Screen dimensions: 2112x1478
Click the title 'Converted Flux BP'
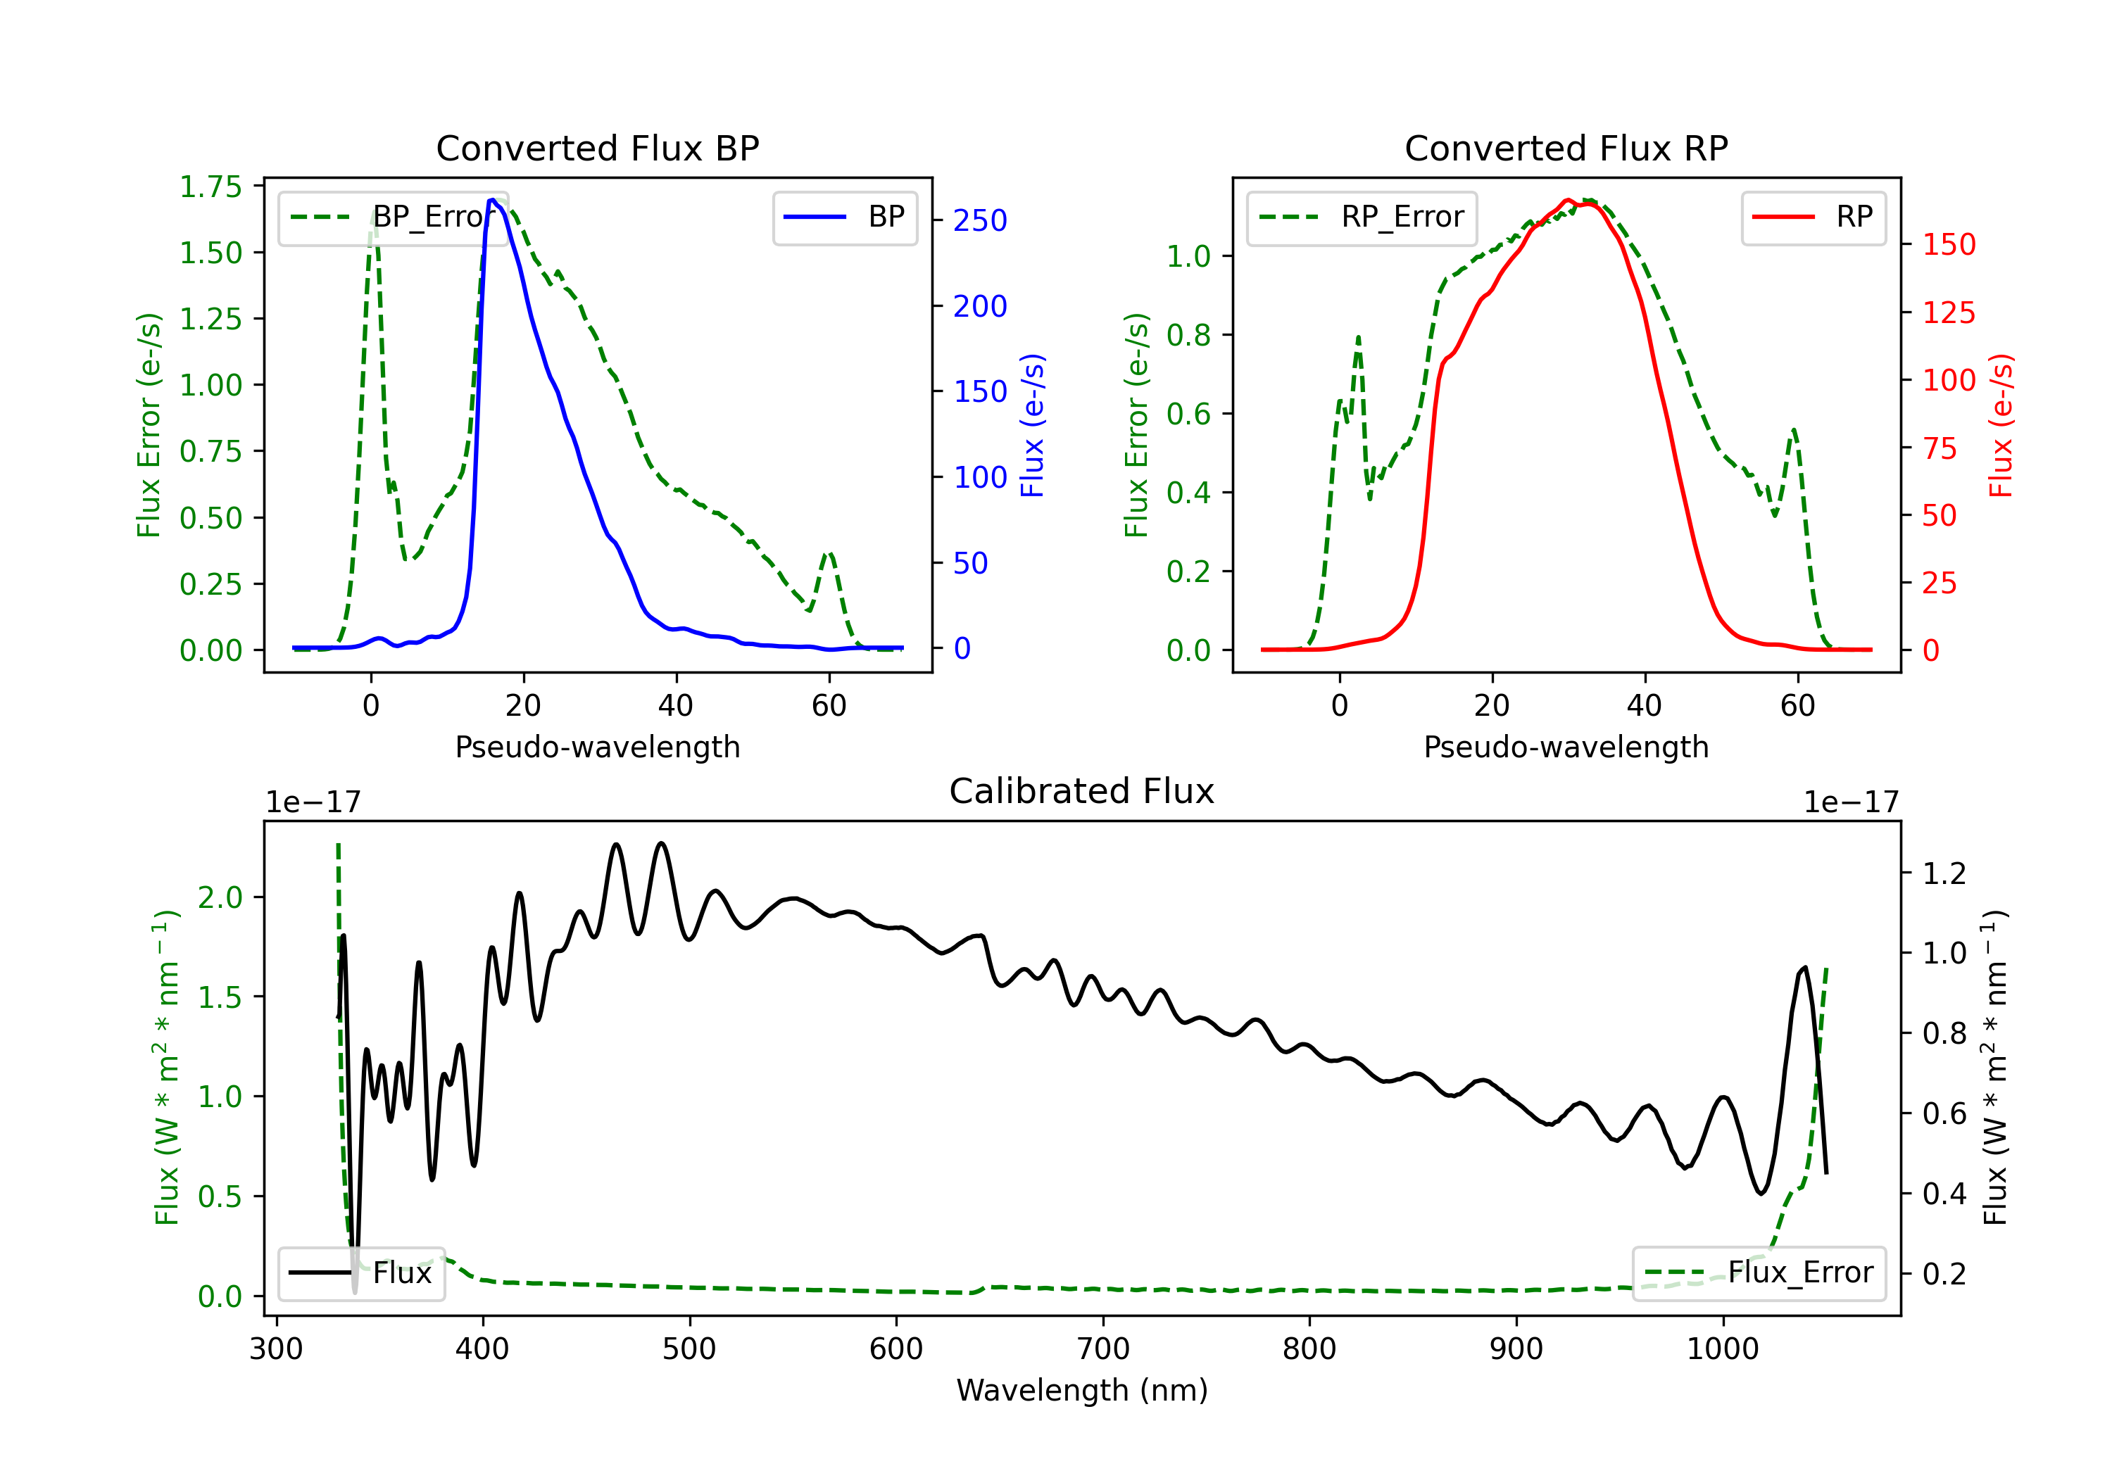click(x=598, y=148)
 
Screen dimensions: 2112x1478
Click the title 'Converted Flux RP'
click(x=1566, y=148)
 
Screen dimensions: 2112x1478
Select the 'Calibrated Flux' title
click(x=1082, y=791)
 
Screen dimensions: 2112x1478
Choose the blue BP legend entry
click(x=844, y=217)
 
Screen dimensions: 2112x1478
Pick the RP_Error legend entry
click(x=1362, y=217)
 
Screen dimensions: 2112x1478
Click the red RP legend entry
click(x=1813, y=217)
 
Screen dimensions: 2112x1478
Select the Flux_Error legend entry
click(x=1759, y=1273)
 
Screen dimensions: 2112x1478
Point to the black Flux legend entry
click(x=360, y=1273)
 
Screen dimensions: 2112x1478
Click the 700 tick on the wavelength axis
click(x=1102, y=1349)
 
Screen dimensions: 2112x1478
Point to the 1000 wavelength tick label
click(x=1723, y=1349)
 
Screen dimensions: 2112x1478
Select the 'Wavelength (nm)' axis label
click(x=1082, y=1391)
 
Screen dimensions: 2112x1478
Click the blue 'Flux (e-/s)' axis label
click(x=1033, y=426)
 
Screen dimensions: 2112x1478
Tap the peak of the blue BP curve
click(x=492, y=200)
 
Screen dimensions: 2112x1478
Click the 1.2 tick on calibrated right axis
click(x=1944, y=873)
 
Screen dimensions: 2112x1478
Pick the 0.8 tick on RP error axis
click(x=1188, y=336)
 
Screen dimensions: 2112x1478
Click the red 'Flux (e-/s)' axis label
click(x=2001, y=426)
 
